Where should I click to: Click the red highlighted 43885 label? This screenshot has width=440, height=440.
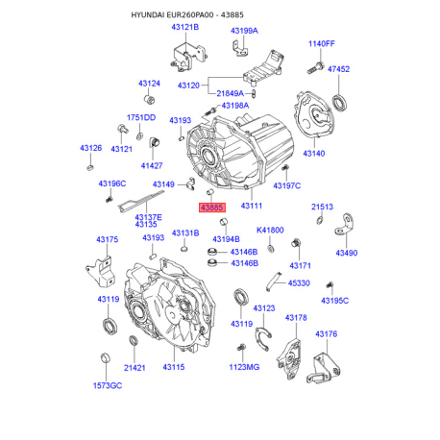[x=212, y=208]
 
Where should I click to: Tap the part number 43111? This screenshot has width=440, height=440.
[x=252, y=206]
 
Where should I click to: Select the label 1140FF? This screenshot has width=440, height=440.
[x=321, y=43]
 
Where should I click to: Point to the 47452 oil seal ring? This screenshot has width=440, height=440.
[x=339, y=103]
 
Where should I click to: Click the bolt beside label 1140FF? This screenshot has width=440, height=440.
[x=315, y=68]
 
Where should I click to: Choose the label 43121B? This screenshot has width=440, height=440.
[x=185, y=27]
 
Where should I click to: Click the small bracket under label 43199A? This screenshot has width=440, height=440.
[x=239, y=48]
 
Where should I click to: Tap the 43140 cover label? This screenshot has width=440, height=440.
[x=314, y=154]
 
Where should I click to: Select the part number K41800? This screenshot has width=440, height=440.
[x=270, y=230]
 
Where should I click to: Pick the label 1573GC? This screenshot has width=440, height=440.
[x=108, y=385]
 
